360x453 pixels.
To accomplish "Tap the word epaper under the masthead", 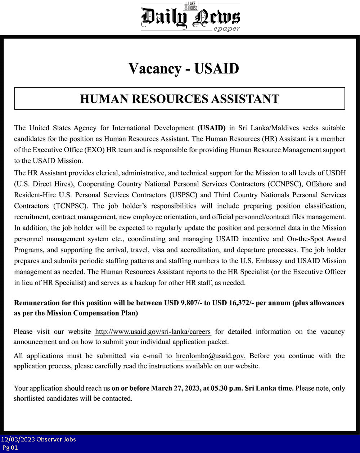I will coord(226,29).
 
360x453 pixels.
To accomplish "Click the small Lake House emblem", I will coord(190,5).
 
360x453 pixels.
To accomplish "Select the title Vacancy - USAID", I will coord(184,68).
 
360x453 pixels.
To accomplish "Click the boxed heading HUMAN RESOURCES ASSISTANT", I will coord(180,99).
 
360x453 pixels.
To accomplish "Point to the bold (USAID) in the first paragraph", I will coord(211,128).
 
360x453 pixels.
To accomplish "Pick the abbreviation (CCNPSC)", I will coord(284,184).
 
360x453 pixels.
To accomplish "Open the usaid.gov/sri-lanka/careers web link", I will coord(153,332).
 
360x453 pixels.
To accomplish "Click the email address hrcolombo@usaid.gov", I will coord(211,356).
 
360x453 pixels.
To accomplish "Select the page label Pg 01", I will coord(10,448).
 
